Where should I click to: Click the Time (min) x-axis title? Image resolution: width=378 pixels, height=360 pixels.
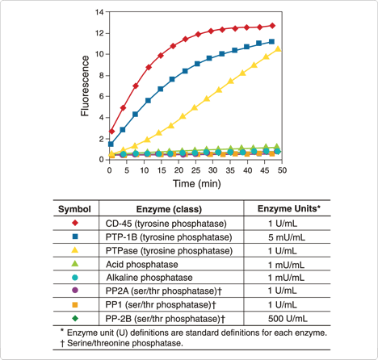click(x=195, y=184)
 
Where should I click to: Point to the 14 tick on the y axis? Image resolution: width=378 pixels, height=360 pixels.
click(x=99, y=13)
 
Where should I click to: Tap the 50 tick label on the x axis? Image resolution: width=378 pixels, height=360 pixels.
click(x=281, y=170)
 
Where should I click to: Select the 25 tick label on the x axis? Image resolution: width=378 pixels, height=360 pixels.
click(x=195, y=170)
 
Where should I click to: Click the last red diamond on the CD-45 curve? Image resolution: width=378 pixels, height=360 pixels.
click(x=272, y=26)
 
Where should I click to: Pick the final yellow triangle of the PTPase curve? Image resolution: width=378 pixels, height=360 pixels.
click(x=278, y=49)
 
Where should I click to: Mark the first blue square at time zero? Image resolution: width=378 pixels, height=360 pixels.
click(x=111, y=144)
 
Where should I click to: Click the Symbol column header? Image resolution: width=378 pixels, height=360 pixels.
click(x=73, y=209)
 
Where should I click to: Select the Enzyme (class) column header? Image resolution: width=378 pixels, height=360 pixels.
click(x=174, y=209)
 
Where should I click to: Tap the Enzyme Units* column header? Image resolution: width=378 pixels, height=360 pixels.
click(x=288, y=209)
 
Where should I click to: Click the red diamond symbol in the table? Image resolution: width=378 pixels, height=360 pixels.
click(x=74, y=223)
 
